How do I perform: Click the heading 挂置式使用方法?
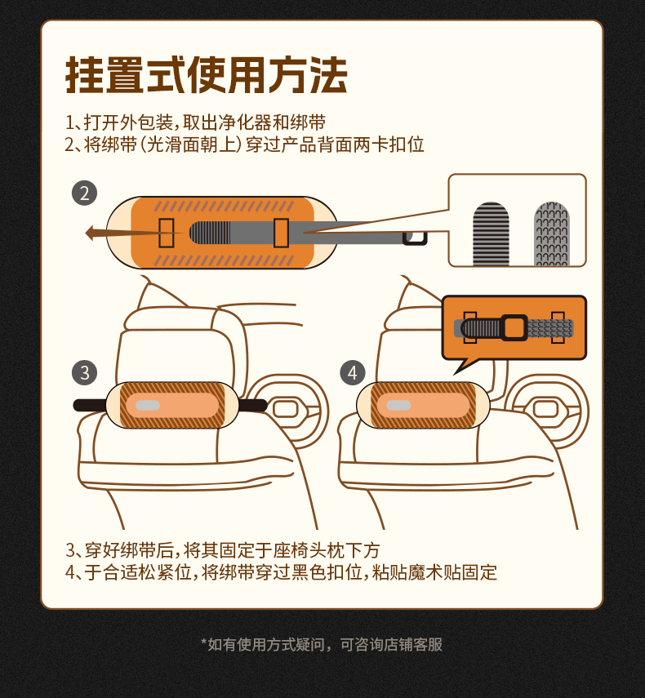[206, 75]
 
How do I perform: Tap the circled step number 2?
[85, 193]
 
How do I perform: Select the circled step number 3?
[85, 372]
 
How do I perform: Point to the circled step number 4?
[353, 372]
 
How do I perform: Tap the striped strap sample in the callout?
[491, 233]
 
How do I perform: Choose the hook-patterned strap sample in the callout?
[552, 233]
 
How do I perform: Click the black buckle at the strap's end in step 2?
[415, 238]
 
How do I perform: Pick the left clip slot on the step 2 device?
[167, 233]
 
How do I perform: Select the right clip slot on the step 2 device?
[282, 233]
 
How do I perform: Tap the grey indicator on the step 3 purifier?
[148, 405]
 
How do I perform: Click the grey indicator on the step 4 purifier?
[398, 405]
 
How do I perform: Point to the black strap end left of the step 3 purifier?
[90, 405]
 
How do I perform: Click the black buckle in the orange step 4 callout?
[514, 327]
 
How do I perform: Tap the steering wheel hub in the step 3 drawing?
[285, 408]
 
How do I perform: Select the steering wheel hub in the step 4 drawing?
[545, 408]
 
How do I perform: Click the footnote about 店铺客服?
[322, 644]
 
